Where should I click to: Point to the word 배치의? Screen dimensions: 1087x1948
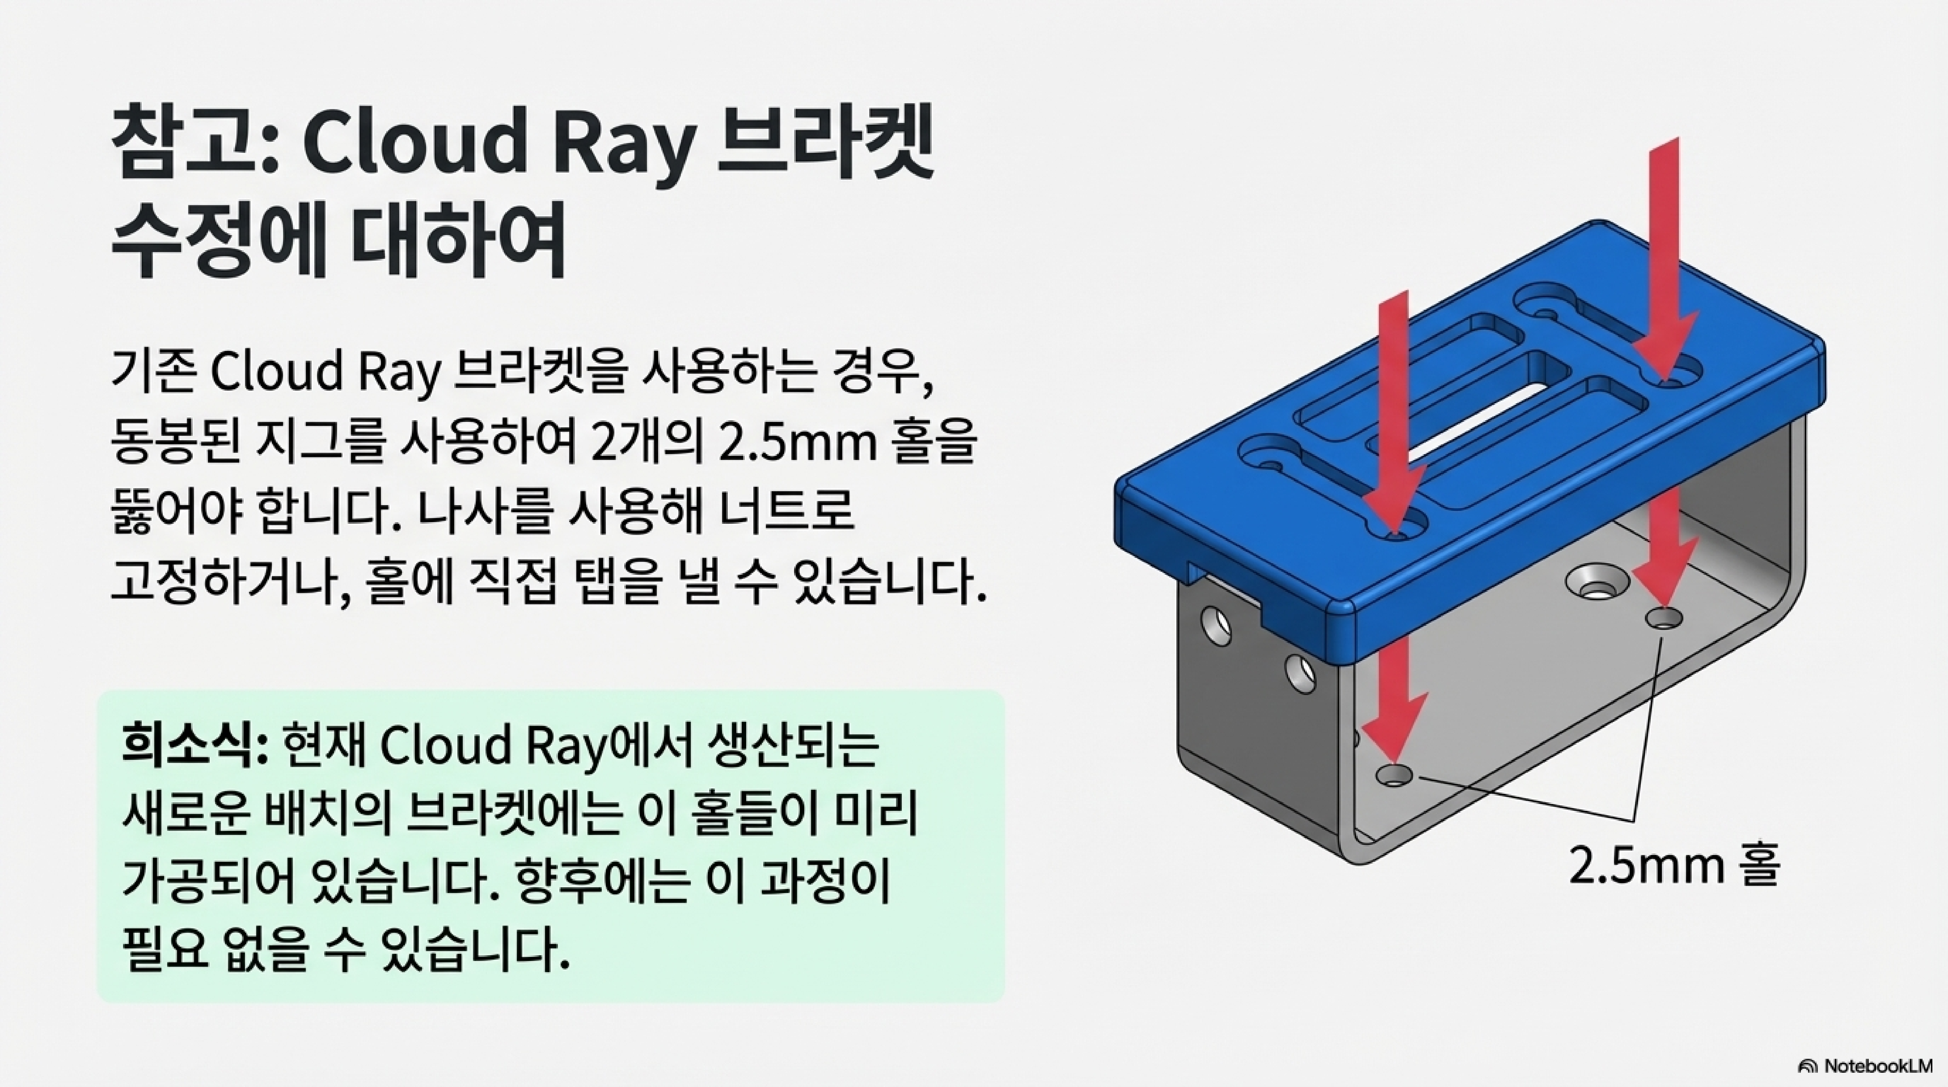[333, 813]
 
